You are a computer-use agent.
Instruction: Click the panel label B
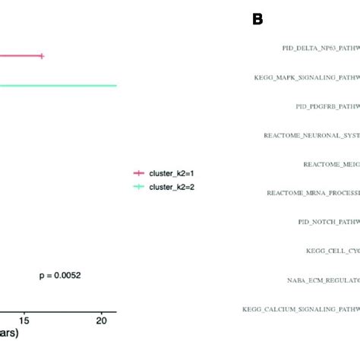click(257, 19)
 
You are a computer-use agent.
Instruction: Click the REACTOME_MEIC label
click(331, 163)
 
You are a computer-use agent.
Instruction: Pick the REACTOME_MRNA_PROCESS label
click(313, 192)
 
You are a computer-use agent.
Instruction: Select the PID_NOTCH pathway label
click(329, 222)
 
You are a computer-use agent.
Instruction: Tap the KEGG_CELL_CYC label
click(332, 251)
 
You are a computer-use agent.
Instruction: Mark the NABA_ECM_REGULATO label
click(322, 279)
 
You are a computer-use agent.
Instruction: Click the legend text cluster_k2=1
click(172, 174)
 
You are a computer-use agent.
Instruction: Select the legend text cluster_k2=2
click(172, 187)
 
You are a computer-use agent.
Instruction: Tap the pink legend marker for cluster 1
click(138, 174)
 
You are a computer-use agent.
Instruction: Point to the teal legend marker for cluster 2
click(138, 187)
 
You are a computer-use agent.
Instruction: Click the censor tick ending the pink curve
click(42, 55)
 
